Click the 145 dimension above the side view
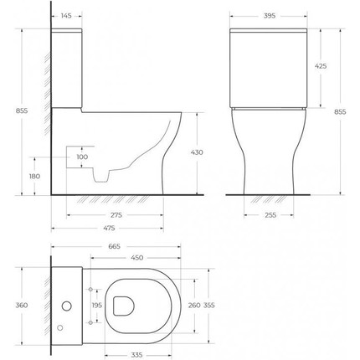click(x=66, y=17)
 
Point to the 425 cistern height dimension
click(x=321, y=65)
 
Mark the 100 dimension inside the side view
click(x=81, y=157)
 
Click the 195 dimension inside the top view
click(x=96, y=306)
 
